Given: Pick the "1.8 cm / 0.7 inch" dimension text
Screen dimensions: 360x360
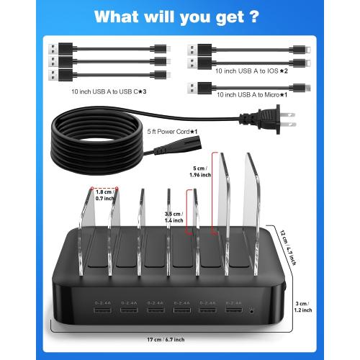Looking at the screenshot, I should click(x=104, y=195).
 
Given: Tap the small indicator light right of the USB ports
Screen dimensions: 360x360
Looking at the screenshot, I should click(x=251, y=310).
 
